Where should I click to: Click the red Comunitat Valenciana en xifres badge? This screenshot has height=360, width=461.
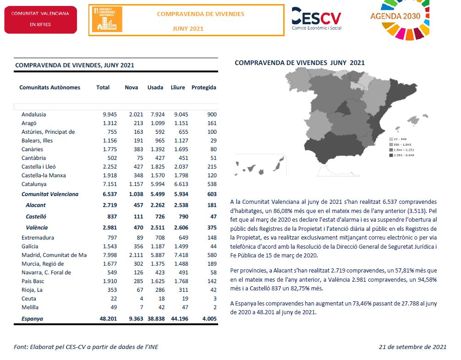pyautogui.click(x=40, y=19)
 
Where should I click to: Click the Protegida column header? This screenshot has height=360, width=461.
pyautogui.click(x=203, y=87)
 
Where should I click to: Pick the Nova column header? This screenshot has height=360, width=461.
pyautogui.click(x=132, y=87)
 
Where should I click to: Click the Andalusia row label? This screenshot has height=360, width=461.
pyautogui.click(x=33, y=115)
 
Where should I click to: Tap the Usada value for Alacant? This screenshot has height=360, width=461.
pyautogui.click(x=155, y=206)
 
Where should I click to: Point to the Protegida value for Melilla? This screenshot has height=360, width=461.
pyautogui.click(x=214, y=307)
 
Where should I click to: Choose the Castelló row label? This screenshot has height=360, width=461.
pyautogui.click(x=36, y=217)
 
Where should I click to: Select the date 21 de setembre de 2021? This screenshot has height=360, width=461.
pyautogui.click(x=412, y=347)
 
